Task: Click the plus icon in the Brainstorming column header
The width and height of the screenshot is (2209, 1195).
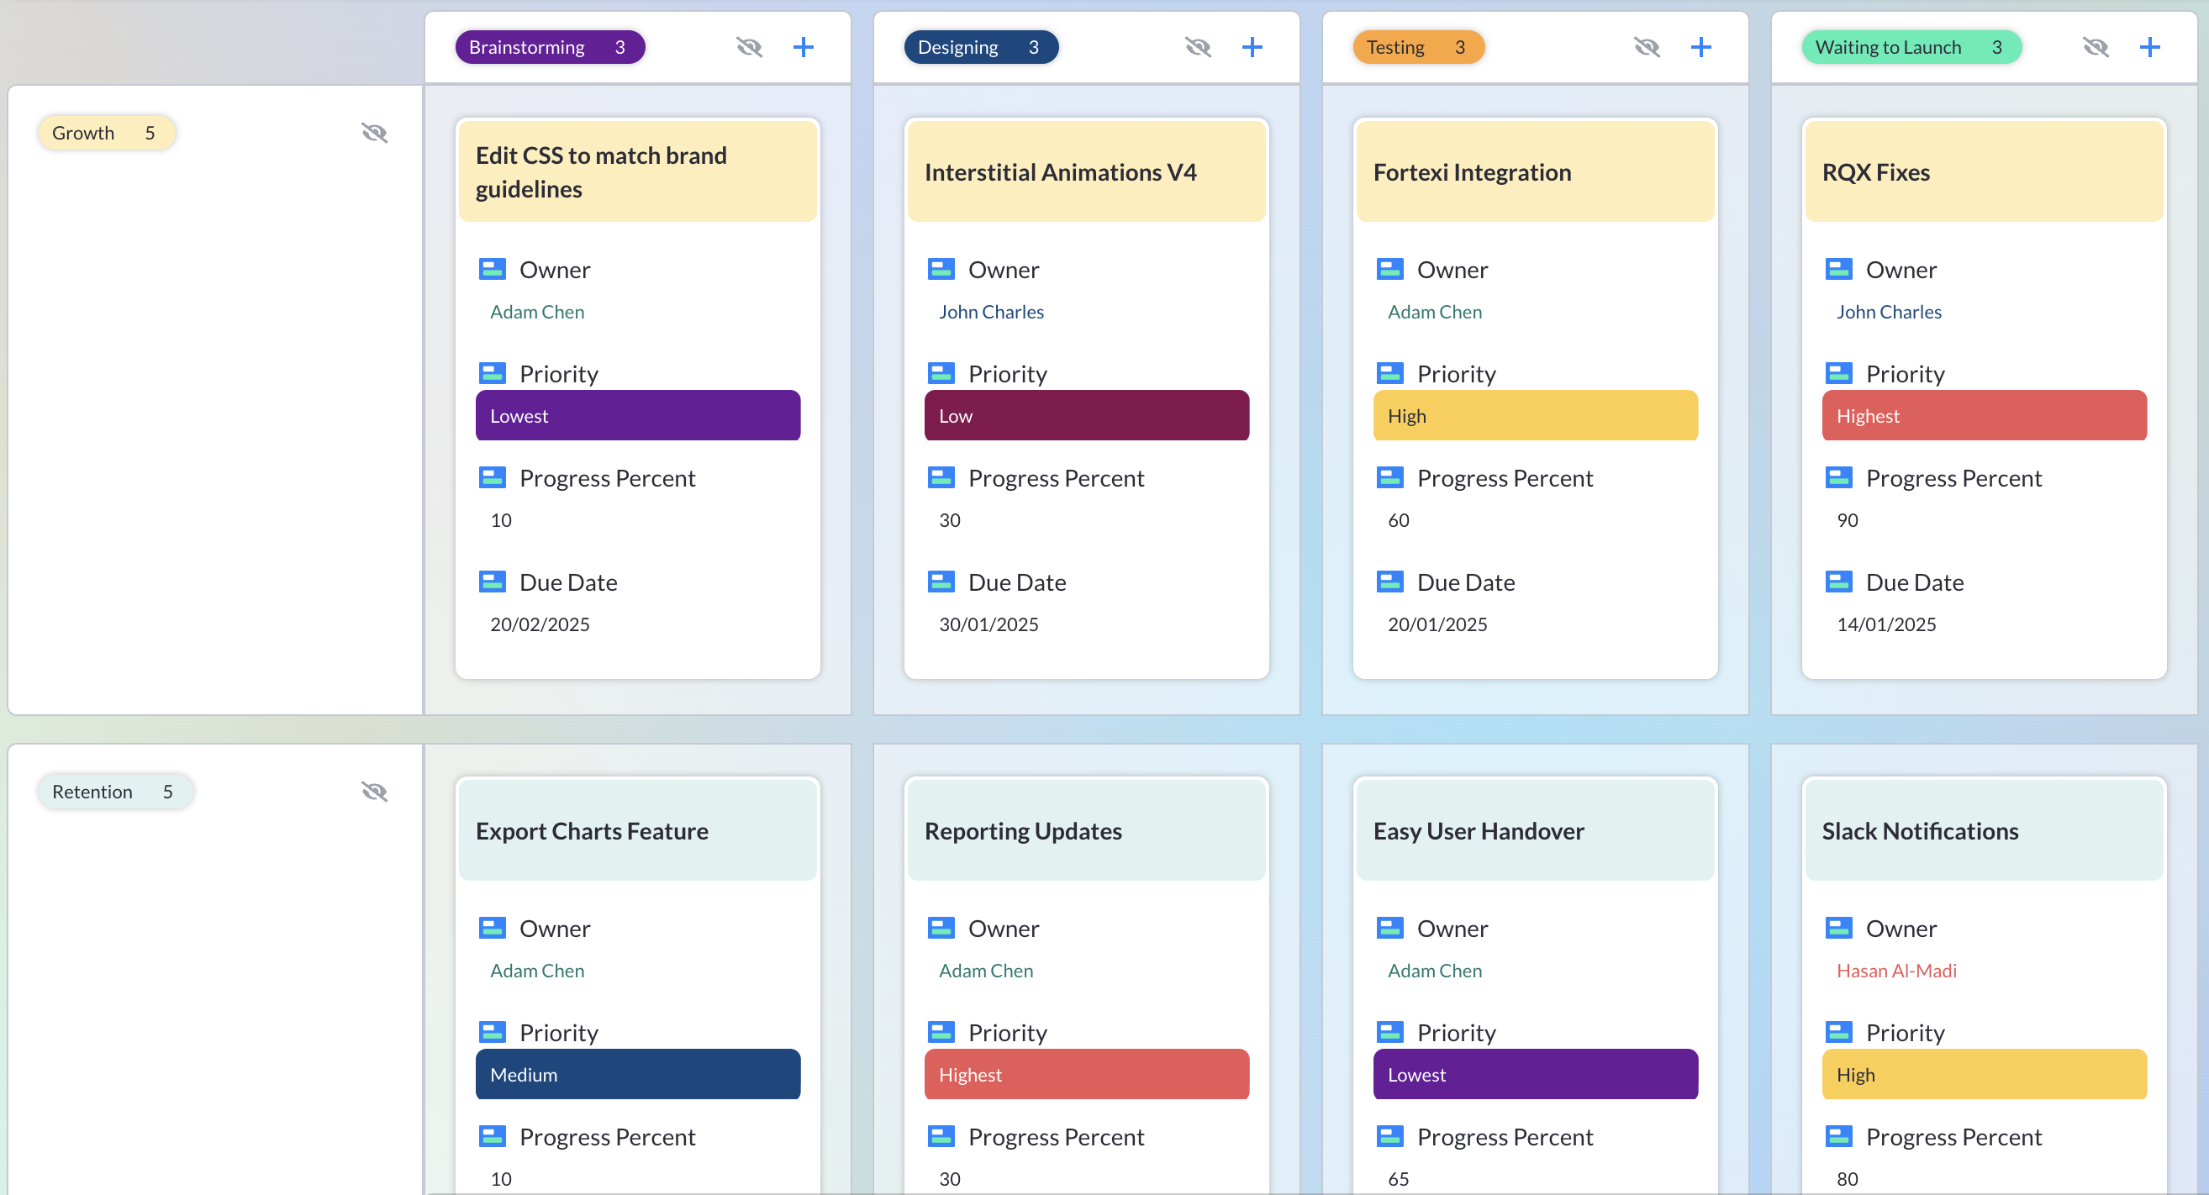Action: [x=803, y=47]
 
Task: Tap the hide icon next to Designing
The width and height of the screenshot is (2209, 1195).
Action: [x=1197, y=47]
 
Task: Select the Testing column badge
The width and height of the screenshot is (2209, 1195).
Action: [x=1417, y=47]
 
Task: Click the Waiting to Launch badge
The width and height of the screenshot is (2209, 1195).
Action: [x=1911, y=47]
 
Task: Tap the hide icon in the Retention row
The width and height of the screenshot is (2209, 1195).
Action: [x=374, y=792]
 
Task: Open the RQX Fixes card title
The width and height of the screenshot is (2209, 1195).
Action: [x=1875, y=172]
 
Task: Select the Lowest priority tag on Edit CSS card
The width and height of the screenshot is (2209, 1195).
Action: [x=637, y=416]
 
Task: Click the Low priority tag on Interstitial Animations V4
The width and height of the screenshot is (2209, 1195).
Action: [x=1086, y=416]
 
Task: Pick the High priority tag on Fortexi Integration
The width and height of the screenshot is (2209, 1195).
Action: [x=1534, y=416]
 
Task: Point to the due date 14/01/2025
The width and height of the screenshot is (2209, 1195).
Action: [x=1885, y=624]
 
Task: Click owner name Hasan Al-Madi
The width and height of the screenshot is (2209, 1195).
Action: [x=1896, y=971]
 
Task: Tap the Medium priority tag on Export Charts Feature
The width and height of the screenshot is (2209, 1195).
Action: [x=637, y=1074]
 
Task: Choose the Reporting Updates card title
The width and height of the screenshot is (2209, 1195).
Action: [x=1022, y=830]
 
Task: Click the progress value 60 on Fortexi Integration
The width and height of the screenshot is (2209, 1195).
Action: [x=1398, y=520]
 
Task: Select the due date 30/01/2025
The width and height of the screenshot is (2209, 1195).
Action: [x=988, y=624]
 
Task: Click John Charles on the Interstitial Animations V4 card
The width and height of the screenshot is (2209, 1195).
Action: [x=990, y=312]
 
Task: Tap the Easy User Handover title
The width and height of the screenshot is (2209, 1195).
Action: [x=1479, y=830]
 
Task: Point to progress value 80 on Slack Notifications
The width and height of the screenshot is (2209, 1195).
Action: [x=1847, y=1179]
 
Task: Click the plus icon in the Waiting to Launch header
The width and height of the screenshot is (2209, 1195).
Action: [x=2149, y=47]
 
